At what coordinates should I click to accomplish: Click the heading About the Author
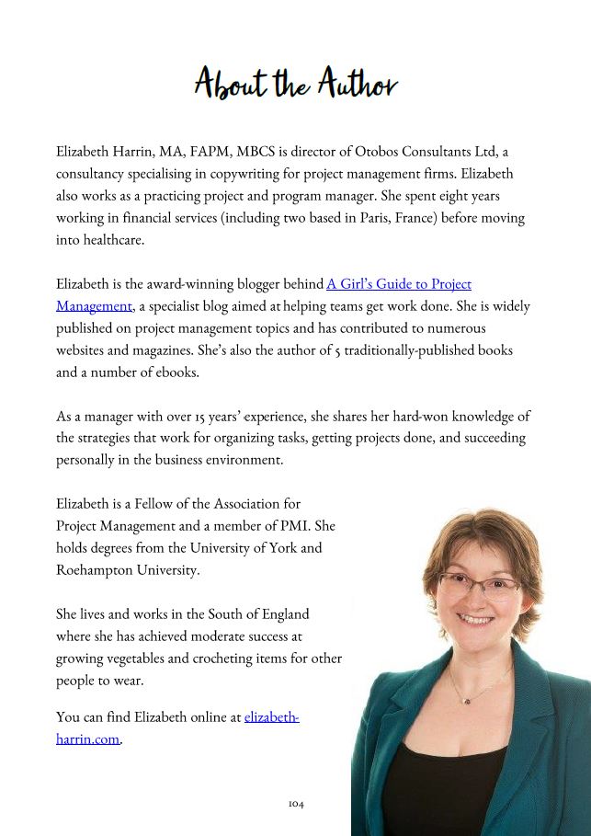295,84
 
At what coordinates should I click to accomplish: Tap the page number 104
295,804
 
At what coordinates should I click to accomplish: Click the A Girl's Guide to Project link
399,284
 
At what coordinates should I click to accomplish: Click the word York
284,548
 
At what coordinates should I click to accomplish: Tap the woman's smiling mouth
476,620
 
